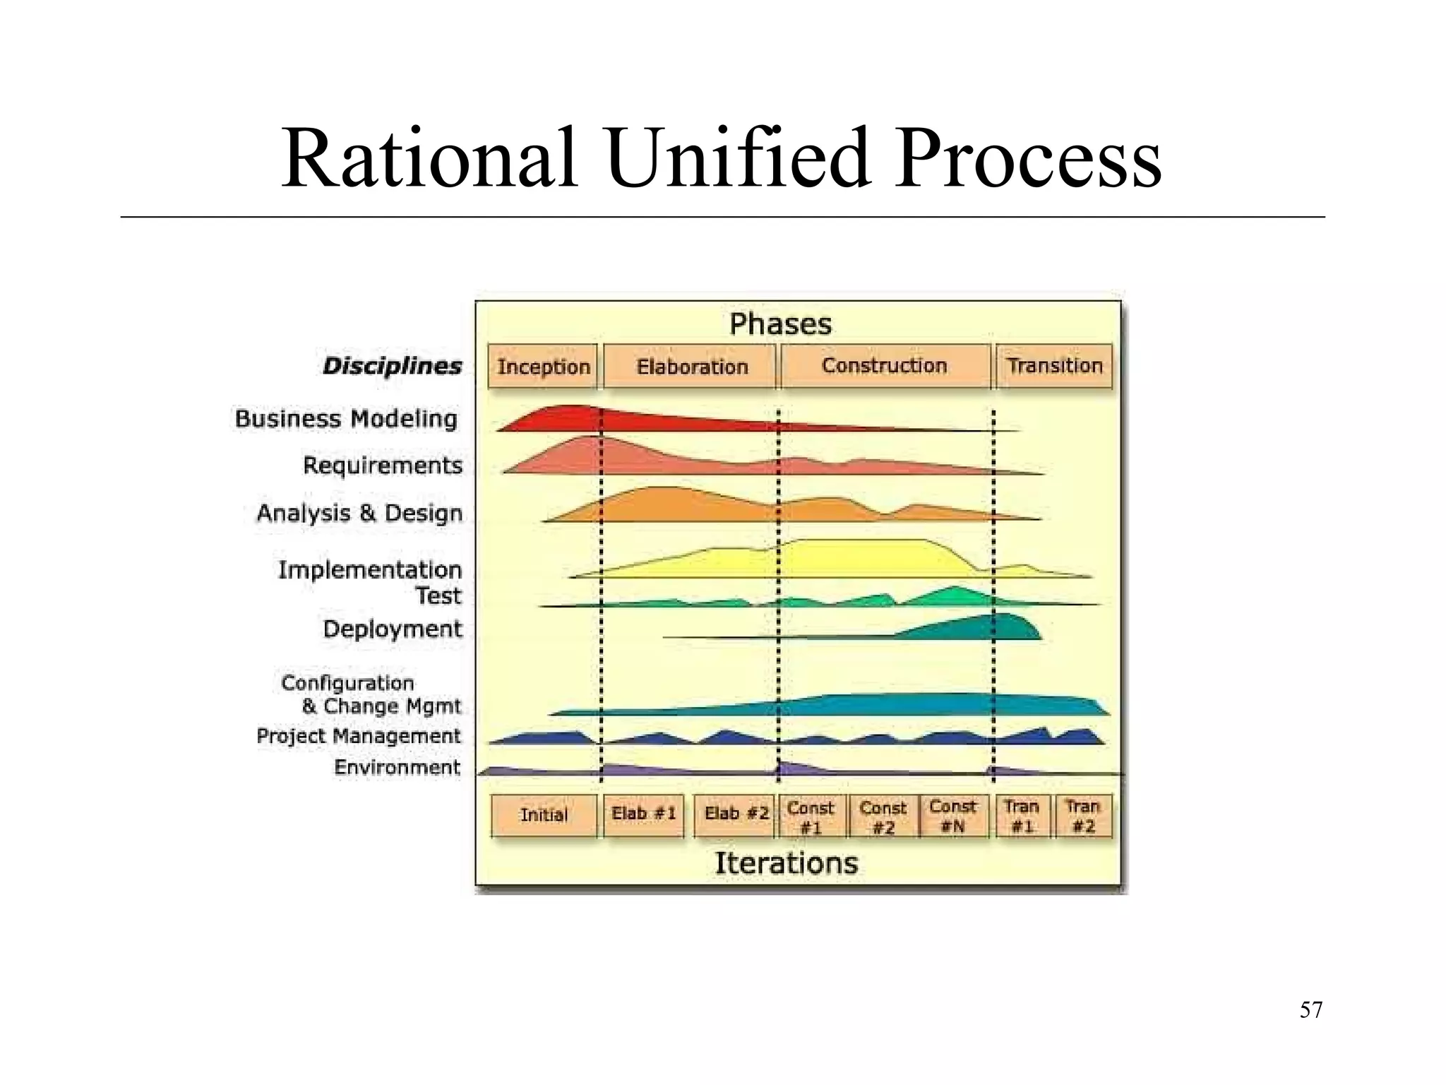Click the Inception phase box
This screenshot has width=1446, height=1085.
coord(543,367)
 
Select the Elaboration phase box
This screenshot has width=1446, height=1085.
coord(691,367)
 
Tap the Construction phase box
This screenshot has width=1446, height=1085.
coord(885,366)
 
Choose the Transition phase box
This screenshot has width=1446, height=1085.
coord(1054,366)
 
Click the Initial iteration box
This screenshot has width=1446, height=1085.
coord(544,815)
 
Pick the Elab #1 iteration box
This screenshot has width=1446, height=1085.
coord(643,814)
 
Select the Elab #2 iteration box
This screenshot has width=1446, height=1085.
coord(736,814)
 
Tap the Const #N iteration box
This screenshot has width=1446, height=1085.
coord(952,816)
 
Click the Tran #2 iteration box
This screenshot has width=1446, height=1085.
coord(1082,816)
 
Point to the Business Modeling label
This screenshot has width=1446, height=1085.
coord(346,419)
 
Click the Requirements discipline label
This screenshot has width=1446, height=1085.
coord(383,466)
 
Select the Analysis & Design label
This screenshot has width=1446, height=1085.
coord(359,513)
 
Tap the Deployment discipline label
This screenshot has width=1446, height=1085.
coord(392,629)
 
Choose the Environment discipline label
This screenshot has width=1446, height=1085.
coord(397,767)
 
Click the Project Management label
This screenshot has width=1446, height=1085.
coord(358,736)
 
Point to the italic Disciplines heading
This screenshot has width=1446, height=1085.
coord(392,366)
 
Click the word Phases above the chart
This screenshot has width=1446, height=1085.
coord(780,324)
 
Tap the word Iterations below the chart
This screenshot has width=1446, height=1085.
coord(786,863)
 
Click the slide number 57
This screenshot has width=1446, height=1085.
coord(1310,1010)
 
